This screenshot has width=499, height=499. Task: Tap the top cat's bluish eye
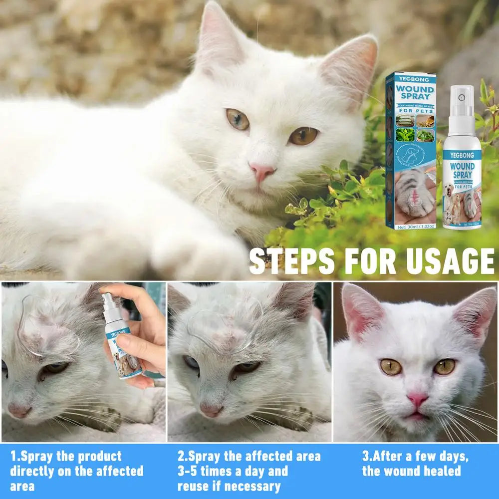238,119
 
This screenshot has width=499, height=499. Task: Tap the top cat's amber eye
303,135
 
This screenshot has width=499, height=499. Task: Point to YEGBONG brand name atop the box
411,78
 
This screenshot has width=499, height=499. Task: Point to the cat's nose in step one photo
19,410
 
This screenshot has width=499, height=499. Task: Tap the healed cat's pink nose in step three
417,399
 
